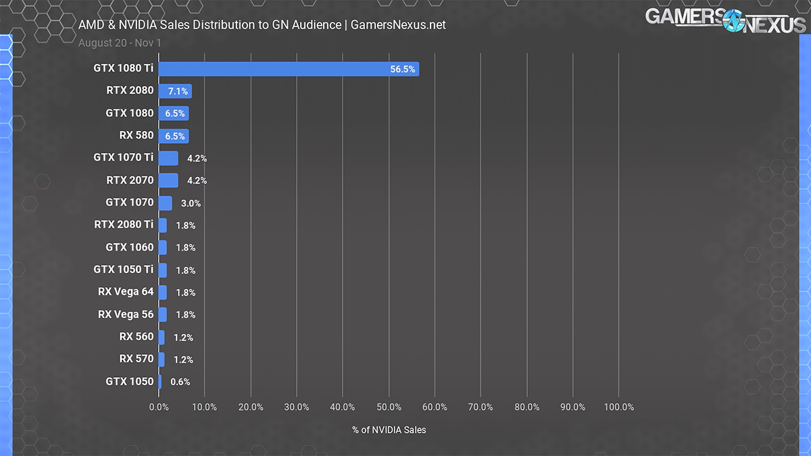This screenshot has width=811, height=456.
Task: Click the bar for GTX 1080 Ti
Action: coord(289,69)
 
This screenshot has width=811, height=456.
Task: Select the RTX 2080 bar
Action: coord(175,91)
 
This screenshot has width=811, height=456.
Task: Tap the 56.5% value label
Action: coord(403,69)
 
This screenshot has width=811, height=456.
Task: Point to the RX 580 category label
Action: coord(137,135)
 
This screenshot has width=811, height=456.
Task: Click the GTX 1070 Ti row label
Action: coord(124,158)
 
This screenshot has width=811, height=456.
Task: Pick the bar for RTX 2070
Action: coord(168,180)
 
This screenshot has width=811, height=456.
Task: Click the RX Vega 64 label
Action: coord(126,292)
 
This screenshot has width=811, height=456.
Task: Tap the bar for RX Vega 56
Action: coord(162,314)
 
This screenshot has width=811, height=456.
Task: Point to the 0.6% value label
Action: coord(180,382)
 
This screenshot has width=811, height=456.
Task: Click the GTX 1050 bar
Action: coord(159,382)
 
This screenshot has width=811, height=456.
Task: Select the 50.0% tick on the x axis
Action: coord(389,407)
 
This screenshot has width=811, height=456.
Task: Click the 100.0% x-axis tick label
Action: coord(619,407)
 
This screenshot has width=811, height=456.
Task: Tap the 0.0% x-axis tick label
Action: coord(159,407)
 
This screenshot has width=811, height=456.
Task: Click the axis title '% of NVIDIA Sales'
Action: coord(389,430)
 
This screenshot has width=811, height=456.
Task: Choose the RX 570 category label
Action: coord(137,359)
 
